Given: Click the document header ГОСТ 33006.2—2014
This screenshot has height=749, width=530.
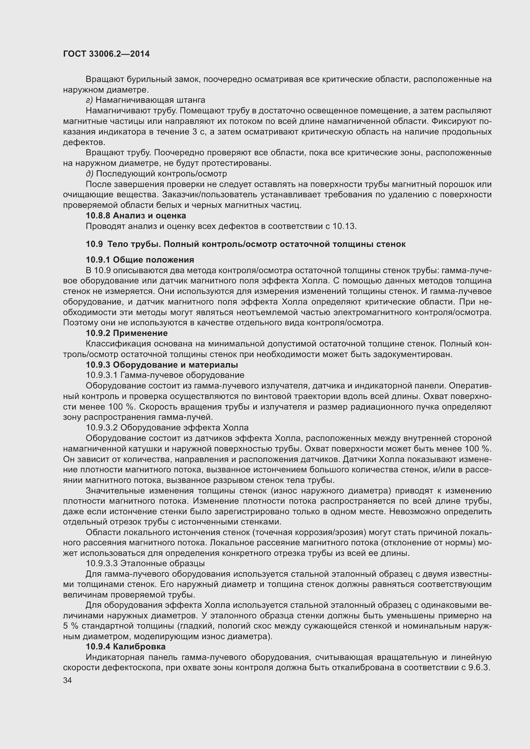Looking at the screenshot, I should pos(106,54).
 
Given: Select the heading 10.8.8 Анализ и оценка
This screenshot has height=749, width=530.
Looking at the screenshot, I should pos(136,216).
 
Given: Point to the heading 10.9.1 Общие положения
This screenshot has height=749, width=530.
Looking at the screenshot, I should pos(140,260).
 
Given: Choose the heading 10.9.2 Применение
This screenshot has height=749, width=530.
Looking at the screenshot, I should pos(127,333).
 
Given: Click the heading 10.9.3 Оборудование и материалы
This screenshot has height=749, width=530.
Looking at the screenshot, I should pos(161,364).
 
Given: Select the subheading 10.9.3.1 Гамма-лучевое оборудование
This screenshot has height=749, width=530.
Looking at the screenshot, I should pos(165,375).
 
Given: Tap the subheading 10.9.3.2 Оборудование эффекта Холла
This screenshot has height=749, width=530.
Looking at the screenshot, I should pos(167,427).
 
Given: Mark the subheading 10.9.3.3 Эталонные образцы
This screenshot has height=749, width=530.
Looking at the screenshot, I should pos(145,563).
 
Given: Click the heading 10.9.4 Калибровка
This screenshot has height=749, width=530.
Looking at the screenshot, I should pos(126,647).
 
